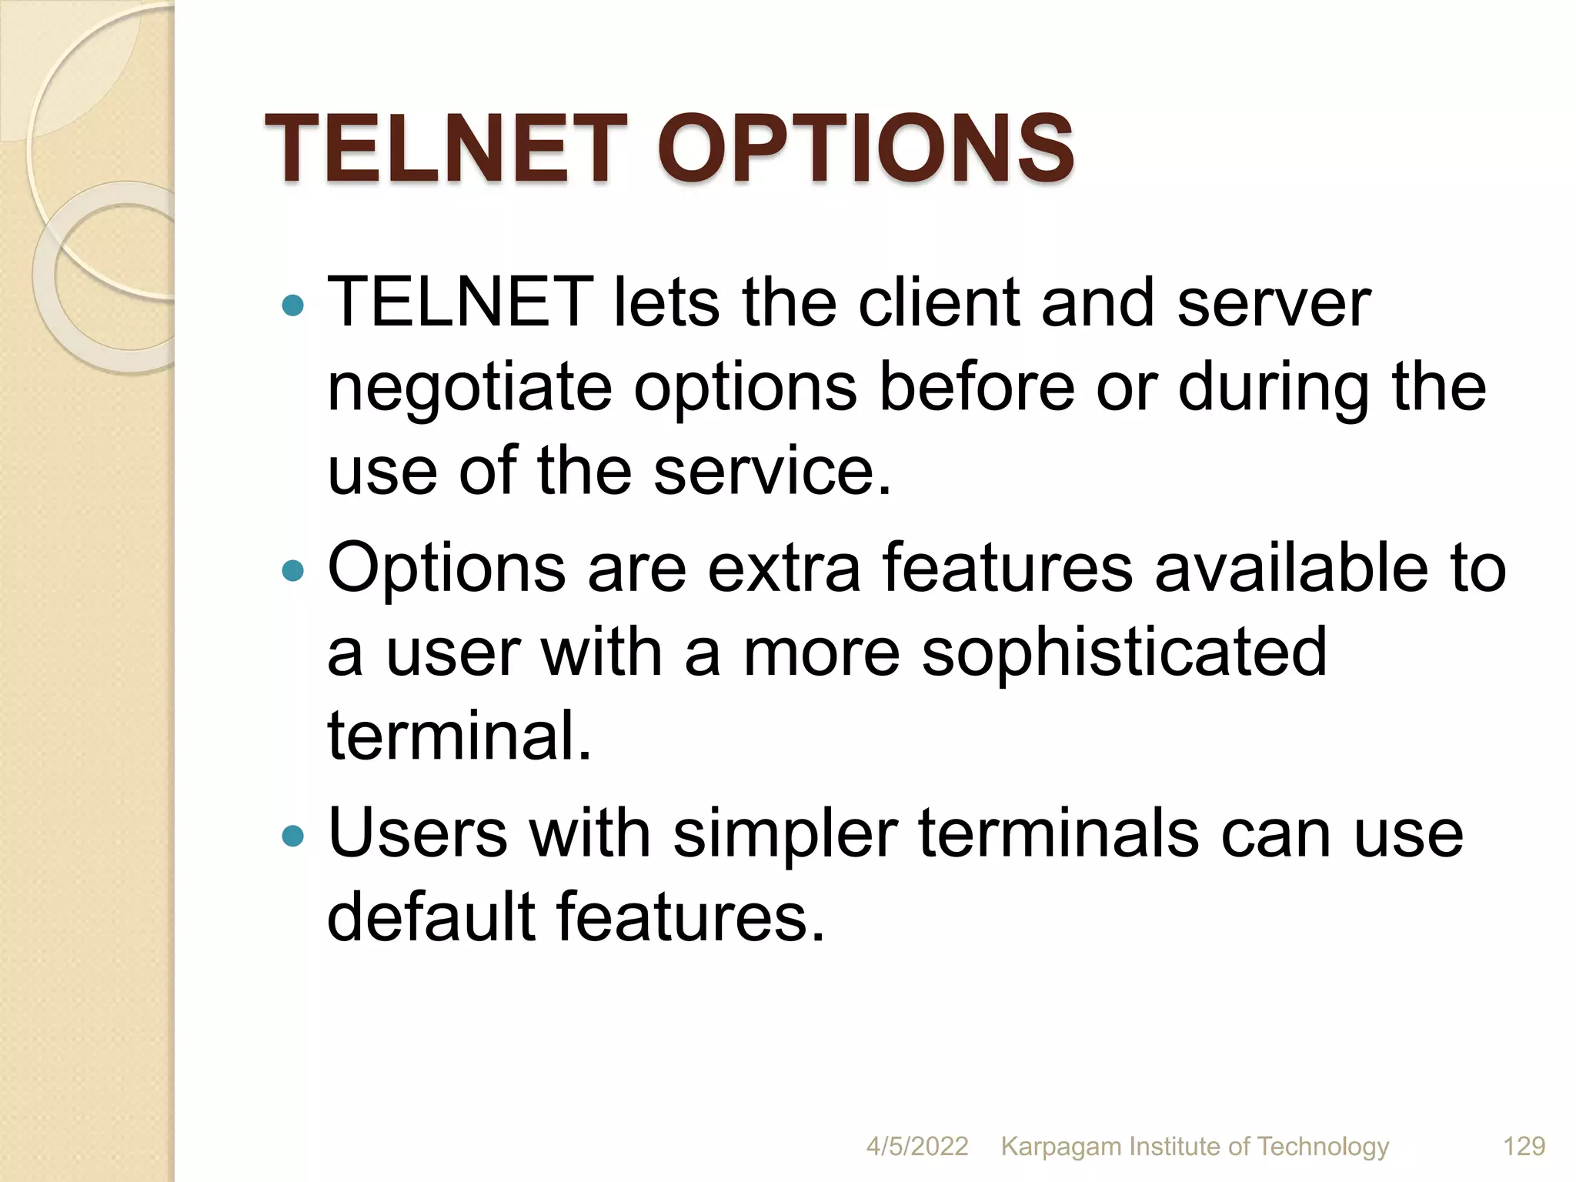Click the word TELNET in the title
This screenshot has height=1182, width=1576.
coord(446,149)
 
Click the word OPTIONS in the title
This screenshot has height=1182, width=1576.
coord(865,149)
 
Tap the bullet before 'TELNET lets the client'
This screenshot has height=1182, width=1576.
coord(293,306)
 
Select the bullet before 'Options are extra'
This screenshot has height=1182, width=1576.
coord(293,571)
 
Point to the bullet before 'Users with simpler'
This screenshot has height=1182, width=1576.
coord(293,836)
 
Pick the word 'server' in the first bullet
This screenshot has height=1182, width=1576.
coord(1274,302)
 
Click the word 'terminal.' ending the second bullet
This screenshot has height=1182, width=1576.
coord(459,735)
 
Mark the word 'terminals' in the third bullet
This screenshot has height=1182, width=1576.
coord(1058,833)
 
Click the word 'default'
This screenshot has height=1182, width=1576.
coord(431,917)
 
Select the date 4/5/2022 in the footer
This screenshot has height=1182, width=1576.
coord(917,1147)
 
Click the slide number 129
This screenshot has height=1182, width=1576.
coord(1524,1147)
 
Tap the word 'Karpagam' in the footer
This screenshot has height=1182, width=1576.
coord(1061,1147)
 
